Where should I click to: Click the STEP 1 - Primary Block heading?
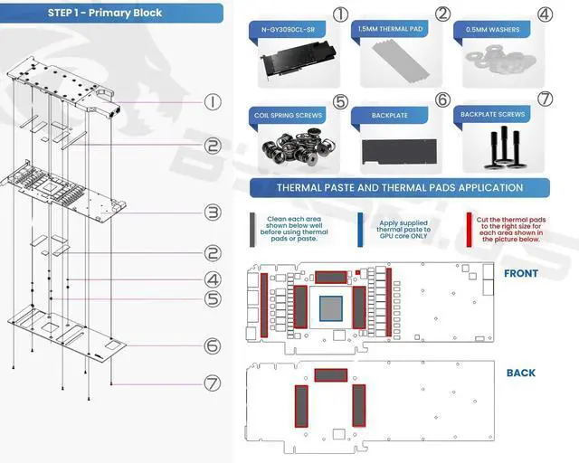point(105,13)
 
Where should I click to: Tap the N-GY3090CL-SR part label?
point(288,30)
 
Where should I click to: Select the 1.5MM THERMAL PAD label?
point(390,29)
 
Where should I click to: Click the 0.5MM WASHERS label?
point(492,30)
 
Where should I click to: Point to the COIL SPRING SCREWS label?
point(288,116)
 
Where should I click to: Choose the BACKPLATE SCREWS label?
point(492,115)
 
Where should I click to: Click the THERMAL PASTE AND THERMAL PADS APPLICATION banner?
point(400,187)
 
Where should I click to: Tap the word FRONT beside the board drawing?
point(521,274)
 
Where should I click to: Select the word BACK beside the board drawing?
point(521,373)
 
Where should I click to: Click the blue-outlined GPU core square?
point(331,308)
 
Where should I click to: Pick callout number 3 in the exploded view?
point(213,213)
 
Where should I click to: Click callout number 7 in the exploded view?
point(213,383)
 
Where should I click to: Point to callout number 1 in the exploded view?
point(213,102)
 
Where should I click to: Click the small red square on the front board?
point(357,272)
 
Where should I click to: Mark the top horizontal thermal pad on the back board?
point(331,375)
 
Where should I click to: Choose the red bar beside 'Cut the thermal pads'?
point(469,230)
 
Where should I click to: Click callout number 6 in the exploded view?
point(213,346)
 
